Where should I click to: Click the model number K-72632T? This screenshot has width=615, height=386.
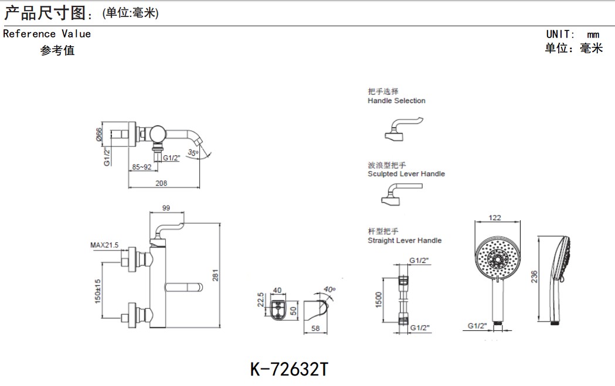coord(289,369)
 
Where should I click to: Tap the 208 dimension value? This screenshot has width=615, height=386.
coord(161,183)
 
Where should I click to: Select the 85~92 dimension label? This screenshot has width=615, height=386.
coord(141,167)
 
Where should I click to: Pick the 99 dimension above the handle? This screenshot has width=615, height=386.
coord(165,208)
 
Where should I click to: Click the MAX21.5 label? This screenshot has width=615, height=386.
coord(104,244)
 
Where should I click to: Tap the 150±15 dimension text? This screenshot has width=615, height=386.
coord(97,291)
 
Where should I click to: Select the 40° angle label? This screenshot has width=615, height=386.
coord(328,289)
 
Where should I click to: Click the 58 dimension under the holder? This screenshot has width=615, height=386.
coord(315,329)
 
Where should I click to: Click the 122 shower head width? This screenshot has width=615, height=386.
coord(495,218)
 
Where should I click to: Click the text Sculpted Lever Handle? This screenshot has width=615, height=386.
coord(406,174)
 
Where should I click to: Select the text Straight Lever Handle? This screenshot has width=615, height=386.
coord(405,240)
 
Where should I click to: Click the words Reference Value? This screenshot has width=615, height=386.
coord(47,34)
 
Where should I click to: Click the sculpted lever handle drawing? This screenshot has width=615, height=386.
coord(399,195)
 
